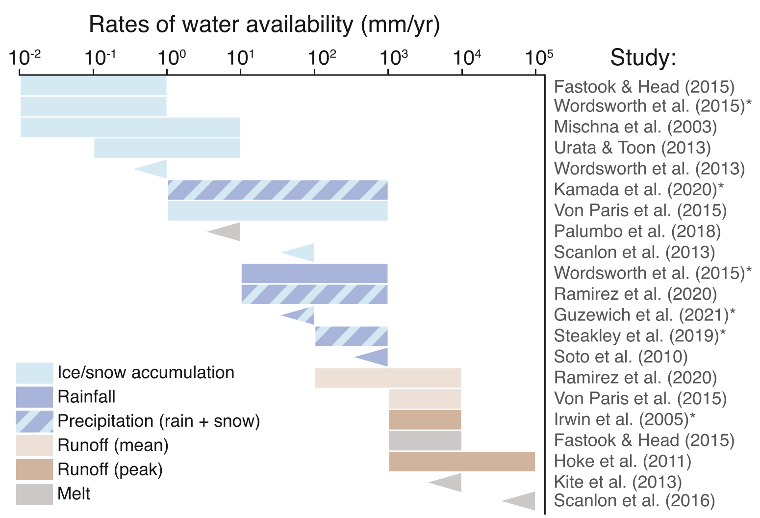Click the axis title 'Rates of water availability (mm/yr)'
264,25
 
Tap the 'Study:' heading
643,57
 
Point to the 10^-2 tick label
25,57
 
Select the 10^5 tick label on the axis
539,57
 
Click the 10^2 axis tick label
322,57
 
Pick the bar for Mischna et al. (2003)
130,128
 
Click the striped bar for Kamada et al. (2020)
278,190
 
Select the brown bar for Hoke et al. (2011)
462,462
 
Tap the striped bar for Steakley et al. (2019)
352,336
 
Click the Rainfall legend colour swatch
35,397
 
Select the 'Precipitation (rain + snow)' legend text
159,421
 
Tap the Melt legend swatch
35,494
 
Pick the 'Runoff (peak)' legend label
110,469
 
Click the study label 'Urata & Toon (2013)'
633,148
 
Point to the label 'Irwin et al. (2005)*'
625,419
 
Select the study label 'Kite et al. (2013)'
618,482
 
